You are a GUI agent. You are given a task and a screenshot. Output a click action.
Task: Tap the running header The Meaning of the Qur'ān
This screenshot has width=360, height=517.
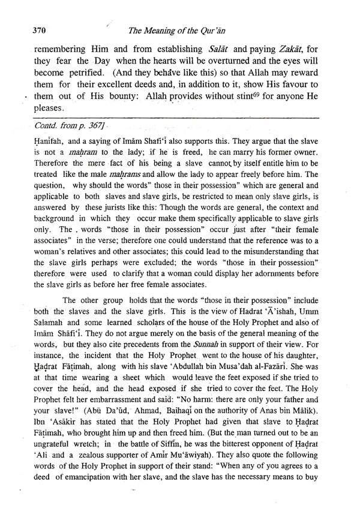191,32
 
